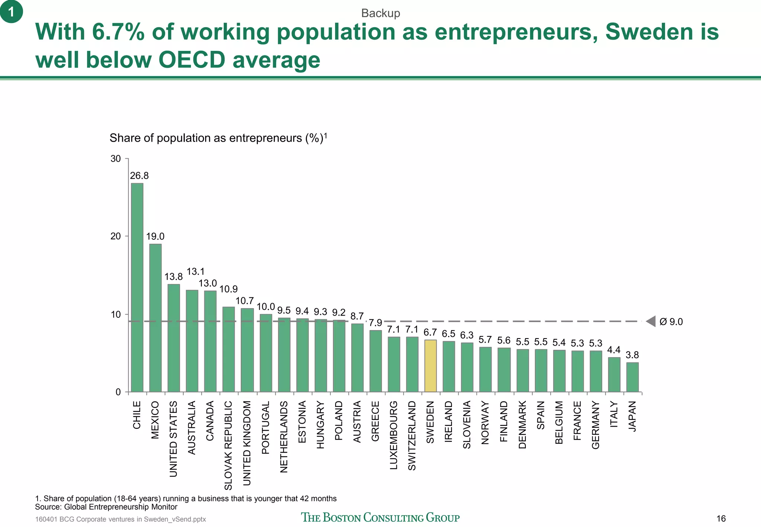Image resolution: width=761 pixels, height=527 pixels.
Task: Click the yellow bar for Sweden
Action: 430,366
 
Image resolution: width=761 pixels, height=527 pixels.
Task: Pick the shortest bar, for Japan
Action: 632,377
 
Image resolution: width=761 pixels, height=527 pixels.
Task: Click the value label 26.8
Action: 139,175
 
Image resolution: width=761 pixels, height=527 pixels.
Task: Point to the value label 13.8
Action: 174,277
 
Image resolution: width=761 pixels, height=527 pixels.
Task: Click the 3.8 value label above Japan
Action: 632,355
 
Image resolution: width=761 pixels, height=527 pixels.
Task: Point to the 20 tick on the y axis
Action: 116,236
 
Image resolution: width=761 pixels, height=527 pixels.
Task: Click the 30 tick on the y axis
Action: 116,159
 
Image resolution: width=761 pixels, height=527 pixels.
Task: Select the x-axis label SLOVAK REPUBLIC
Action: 229,445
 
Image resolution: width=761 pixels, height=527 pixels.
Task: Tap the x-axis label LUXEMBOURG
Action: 394,435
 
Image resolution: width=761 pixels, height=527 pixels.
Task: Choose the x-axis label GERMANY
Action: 595,425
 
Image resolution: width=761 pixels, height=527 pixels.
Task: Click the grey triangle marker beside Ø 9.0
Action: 651,321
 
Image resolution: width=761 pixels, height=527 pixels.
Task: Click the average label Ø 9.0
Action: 671,322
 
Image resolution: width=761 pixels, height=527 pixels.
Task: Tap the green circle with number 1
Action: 12,12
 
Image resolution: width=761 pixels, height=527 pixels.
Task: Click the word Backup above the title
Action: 380,13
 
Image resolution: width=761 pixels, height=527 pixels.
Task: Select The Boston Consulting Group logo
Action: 380,517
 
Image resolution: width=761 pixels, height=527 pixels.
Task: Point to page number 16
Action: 721,519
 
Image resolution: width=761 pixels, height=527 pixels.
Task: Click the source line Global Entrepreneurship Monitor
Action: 106,507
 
